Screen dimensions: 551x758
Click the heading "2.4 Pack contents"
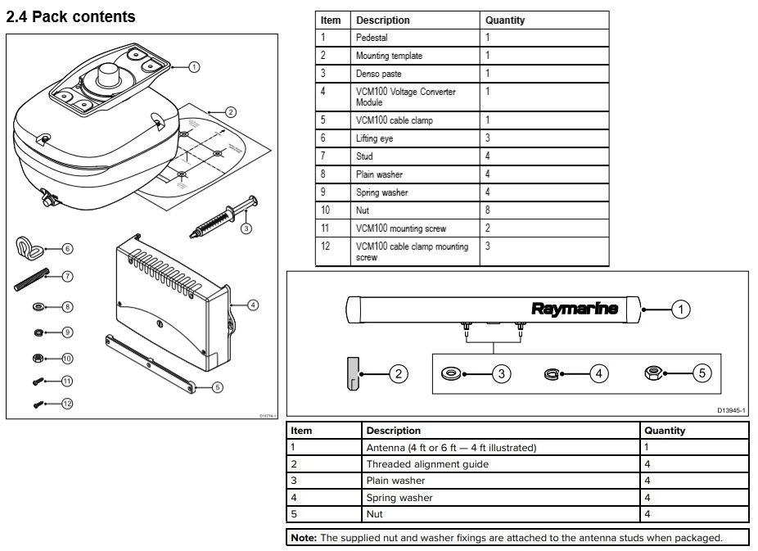tap(70, 16)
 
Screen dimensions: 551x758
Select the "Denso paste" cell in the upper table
tap(378, 74)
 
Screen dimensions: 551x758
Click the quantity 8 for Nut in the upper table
tap(488, 210)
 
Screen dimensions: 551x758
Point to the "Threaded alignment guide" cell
tap(427, 464)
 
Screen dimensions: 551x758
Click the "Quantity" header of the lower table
tap(665, 431)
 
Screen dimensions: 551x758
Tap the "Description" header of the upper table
tap(382, 20)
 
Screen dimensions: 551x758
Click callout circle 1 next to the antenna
tap(680, 309)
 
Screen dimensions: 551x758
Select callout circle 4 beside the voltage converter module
tap(253, 305)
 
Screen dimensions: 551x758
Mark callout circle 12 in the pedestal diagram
tap(67, 403)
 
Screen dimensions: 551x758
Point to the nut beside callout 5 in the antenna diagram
tap(655, 373)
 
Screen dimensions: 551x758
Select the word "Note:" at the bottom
tap(304, 538)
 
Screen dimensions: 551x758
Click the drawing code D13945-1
tap(731, 409)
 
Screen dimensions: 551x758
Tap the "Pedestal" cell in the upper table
tap(372, 38)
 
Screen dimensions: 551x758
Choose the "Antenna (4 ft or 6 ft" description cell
tap(451, 448)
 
